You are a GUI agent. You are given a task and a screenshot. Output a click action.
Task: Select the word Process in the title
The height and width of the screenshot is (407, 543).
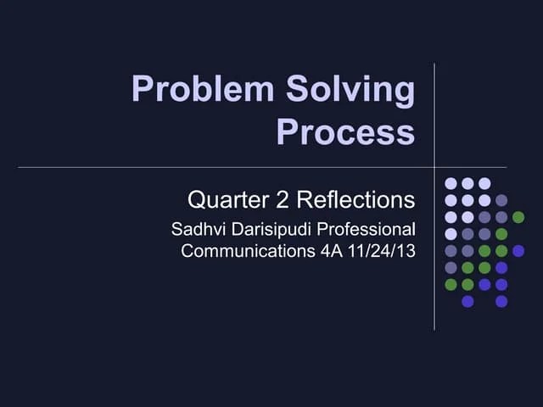(x=345, y=132)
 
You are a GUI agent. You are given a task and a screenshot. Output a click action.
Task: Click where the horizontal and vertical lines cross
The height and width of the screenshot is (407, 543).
(x=434, y=167)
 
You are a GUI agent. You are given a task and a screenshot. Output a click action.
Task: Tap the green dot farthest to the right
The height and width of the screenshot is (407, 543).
(x=518, y=217)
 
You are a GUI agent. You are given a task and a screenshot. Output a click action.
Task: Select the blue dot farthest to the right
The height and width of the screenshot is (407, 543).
(x=518, y=250)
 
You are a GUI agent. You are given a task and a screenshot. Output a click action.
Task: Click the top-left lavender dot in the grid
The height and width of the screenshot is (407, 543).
(x=451, y=183)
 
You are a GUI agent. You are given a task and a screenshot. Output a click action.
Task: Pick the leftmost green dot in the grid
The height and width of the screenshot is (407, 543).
(x=451, y=284)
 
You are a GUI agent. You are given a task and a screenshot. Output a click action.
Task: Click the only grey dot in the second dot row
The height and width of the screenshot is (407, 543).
(x=501, y=200)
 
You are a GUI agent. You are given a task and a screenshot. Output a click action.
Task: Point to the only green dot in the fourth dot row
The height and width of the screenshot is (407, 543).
(x=501, y=233)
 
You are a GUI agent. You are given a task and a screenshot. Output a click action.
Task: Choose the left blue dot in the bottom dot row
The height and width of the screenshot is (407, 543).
(x=467, y=301)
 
